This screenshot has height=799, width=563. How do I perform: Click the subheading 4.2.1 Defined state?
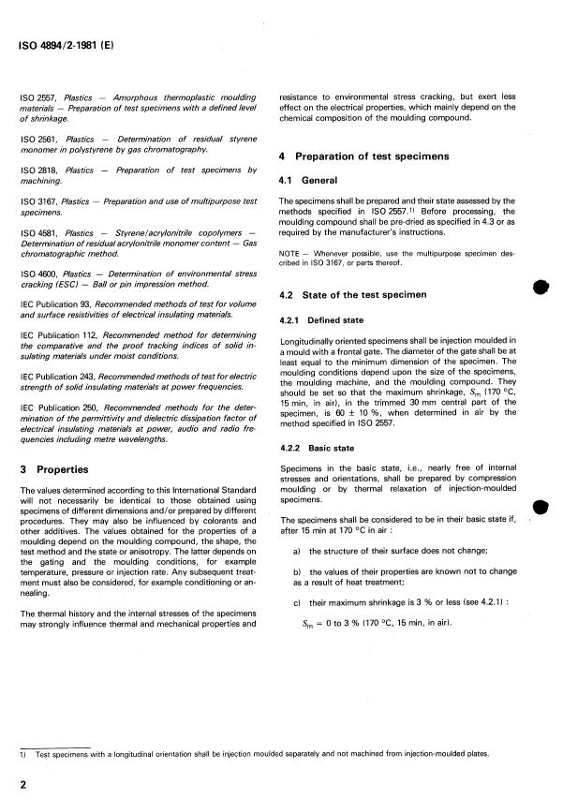pos(325,319)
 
